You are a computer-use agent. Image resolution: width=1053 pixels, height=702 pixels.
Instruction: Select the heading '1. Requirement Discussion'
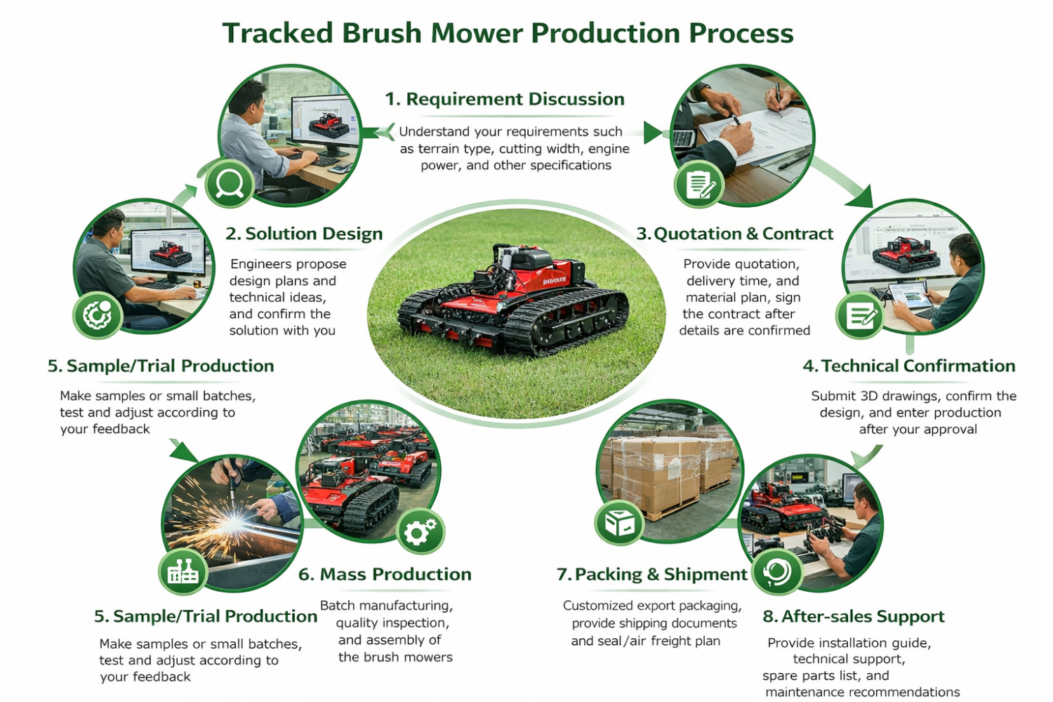tap(505, 99)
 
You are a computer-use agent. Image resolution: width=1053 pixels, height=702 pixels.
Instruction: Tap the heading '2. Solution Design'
tap(304, 234)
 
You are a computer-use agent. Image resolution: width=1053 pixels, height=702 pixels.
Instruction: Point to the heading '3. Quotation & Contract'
tap(735, 234)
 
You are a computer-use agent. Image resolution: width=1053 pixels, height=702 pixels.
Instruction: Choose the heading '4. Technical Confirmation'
tap(909, 366)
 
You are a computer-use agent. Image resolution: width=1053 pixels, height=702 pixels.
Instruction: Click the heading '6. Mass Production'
tap(385, 574)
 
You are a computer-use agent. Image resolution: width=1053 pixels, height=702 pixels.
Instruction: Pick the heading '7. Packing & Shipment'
tap(652, 574)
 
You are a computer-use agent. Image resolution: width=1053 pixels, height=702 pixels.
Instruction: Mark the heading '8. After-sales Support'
tap(854, 616)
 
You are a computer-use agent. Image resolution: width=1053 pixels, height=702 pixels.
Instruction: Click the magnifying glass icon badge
tap(230, 184)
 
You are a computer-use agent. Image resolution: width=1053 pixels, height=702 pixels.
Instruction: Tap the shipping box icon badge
tap(618, 523)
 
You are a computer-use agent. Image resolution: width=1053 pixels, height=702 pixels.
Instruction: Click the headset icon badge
tap(777, 572)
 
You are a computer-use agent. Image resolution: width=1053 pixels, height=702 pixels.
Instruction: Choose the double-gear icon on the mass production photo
tap(420, 532)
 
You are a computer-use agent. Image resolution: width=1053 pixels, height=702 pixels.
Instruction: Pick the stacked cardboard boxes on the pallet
tap(668, 475)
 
